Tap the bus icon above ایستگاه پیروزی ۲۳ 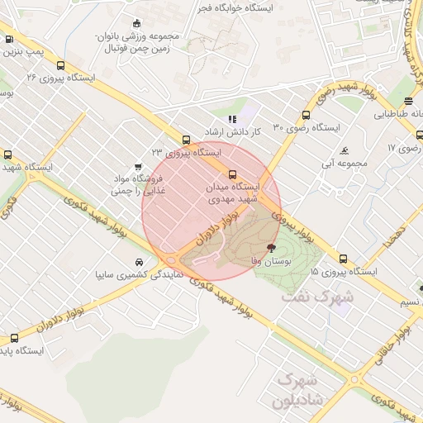tap(186, 140)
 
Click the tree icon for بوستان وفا tap(271, 247)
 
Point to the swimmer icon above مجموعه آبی tap(344, 151)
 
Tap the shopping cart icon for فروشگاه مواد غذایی tap(137, 164)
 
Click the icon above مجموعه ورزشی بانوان tap(136, 23)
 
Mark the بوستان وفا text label tap(278, 260)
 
